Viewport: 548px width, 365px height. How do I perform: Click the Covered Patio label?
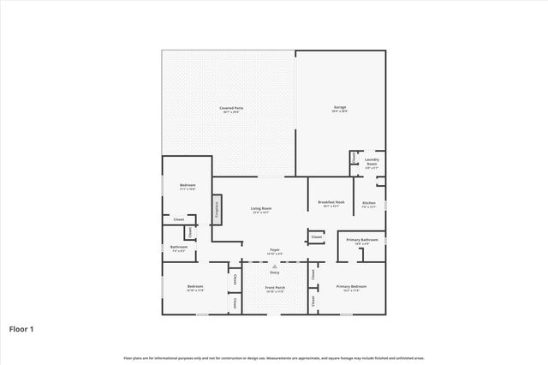231,109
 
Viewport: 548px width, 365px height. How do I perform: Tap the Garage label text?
340,109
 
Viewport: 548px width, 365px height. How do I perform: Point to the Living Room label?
261,210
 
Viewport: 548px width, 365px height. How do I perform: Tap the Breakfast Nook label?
331,204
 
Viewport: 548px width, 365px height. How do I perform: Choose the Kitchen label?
369,204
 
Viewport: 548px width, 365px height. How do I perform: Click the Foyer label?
274,251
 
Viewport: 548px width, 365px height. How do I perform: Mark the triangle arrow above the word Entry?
275,266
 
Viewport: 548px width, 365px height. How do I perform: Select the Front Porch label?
275,289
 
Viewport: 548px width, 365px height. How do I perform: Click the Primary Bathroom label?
362,241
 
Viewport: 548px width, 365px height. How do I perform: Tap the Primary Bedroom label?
351,288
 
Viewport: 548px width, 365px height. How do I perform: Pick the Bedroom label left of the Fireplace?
188,187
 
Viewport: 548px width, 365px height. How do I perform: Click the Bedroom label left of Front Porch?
194,288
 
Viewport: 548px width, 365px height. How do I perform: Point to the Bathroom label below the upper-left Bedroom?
178,248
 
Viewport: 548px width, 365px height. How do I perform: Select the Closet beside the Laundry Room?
354,159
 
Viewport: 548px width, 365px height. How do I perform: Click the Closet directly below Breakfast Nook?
317,237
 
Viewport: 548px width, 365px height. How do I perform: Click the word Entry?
275,272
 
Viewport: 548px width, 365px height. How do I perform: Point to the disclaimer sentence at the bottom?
274,357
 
